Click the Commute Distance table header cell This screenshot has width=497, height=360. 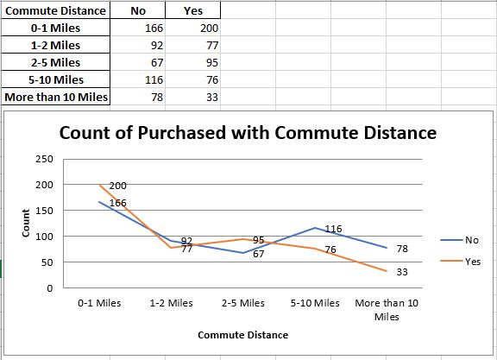[x=55, y=11]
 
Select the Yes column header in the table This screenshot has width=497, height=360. [x=193, y=11]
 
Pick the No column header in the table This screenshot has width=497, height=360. [x=137, y=11]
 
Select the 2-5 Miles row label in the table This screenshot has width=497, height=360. [x=55, y=62]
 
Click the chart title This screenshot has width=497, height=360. [x=247, y=133]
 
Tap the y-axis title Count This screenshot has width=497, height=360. [x=26, y=224]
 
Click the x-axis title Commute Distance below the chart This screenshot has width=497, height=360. [x=242, y=335]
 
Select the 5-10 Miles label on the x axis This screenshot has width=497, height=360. [x=315, y=303]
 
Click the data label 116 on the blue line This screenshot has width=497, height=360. [x=333, y=229]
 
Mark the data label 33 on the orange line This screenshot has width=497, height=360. [x=401, y=272]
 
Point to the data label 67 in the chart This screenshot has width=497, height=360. [x=258, y=254]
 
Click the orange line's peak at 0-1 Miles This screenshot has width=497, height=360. [x=99, y=185]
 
